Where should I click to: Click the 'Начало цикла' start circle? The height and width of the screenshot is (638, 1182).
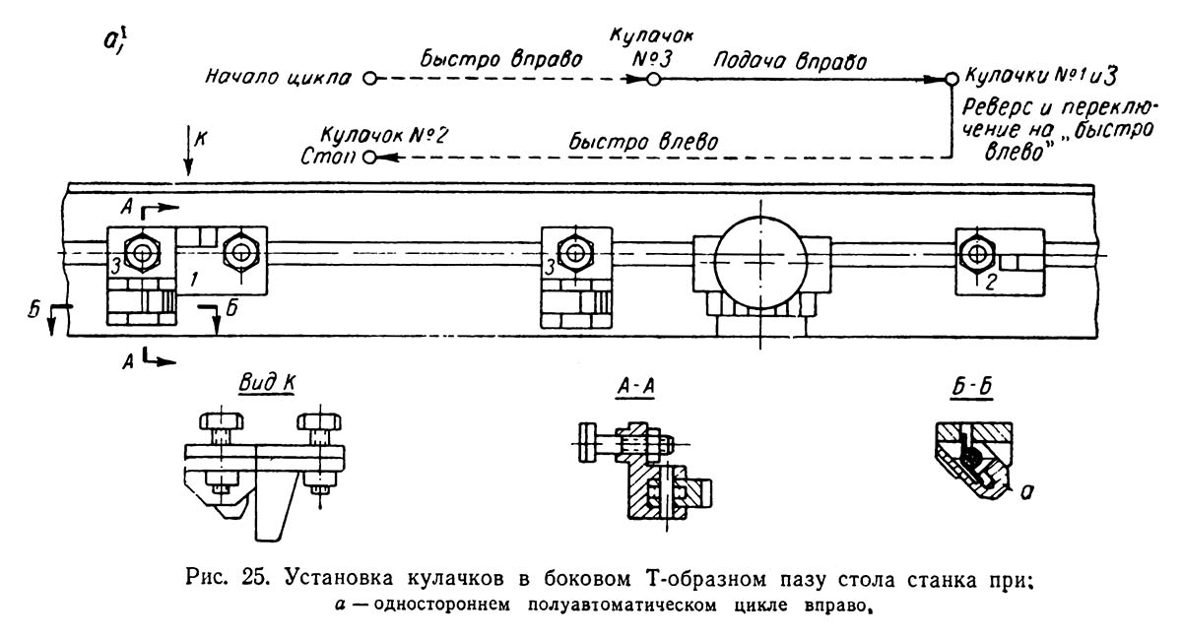[371, 79]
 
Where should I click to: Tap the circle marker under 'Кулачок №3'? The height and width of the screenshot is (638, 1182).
[653, 80]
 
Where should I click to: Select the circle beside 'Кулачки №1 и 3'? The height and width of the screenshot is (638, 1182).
[952, 79]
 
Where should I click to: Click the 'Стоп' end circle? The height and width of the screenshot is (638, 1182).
[370, 158]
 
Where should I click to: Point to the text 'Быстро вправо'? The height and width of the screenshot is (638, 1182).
[500, 59]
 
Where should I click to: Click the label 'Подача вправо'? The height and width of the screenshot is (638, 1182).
[790, 61]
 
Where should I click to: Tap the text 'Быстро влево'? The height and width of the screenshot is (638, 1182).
[643, 142]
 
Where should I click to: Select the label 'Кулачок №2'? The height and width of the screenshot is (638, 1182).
[385, 136]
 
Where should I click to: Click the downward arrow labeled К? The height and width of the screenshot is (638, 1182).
[188, 151]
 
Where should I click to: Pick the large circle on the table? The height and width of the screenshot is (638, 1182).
[760, 262]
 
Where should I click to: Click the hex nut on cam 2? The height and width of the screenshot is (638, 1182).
[976, 254]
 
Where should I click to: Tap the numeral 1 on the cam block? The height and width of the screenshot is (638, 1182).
[194, 279]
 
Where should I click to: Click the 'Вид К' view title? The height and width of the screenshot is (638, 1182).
[267, 383]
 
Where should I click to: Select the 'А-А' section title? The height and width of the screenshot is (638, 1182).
[636, 387]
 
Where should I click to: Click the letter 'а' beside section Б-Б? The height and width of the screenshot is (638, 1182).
[1025, 492]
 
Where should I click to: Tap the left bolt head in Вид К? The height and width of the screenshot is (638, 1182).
[222, 421]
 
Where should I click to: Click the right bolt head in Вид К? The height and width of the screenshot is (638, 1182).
[319, 421]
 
